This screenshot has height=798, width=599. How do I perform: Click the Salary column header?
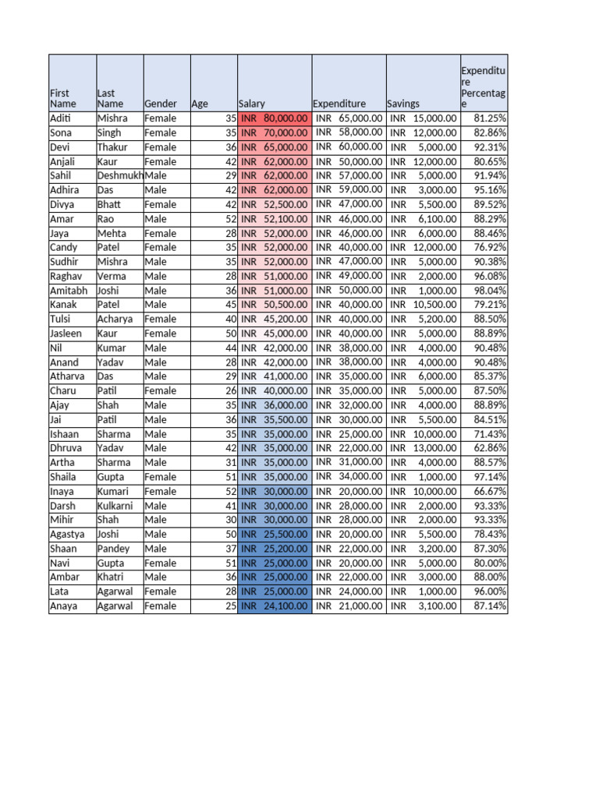(x=252, y=104)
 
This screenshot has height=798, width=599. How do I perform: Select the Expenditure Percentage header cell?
(x=484, y=87)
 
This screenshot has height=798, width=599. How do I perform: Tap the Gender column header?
(x=161, y=104)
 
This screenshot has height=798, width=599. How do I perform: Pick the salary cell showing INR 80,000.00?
(x=275, y=118)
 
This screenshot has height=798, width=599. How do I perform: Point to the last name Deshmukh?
(x=119, y=176)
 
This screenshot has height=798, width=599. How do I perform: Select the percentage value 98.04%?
(x=490, y=291)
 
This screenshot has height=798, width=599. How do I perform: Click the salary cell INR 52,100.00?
(x=275, y=219)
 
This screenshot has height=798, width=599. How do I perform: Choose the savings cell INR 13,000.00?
(x=424, y=448)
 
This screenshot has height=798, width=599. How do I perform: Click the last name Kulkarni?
(x=116, y=506)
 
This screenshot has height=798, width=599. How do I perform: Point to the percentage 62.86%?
(x=490, y=448)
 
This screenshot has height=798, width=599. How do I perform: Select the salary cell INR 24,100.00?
(x=275, y=606)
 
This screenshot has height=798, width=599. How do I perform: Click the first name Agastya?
(x=66, y=534)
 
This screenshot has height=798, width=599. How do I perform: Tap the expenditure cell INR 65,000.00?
(x=349, y=118)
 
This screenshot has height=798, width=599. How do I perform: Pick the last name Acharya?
(x=115, y=320)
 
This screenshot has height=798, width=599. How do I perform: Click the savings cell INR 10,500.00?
(x=424, y=305)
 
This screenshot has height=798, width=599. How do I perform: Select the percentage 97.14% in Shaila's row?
(x=490, y=477)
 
